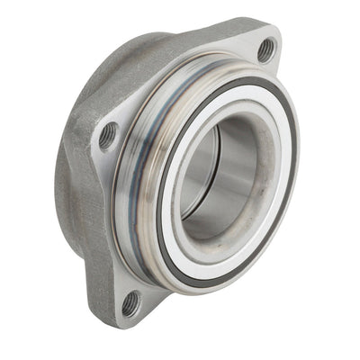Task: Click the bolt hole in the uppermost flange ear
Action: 266,49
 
